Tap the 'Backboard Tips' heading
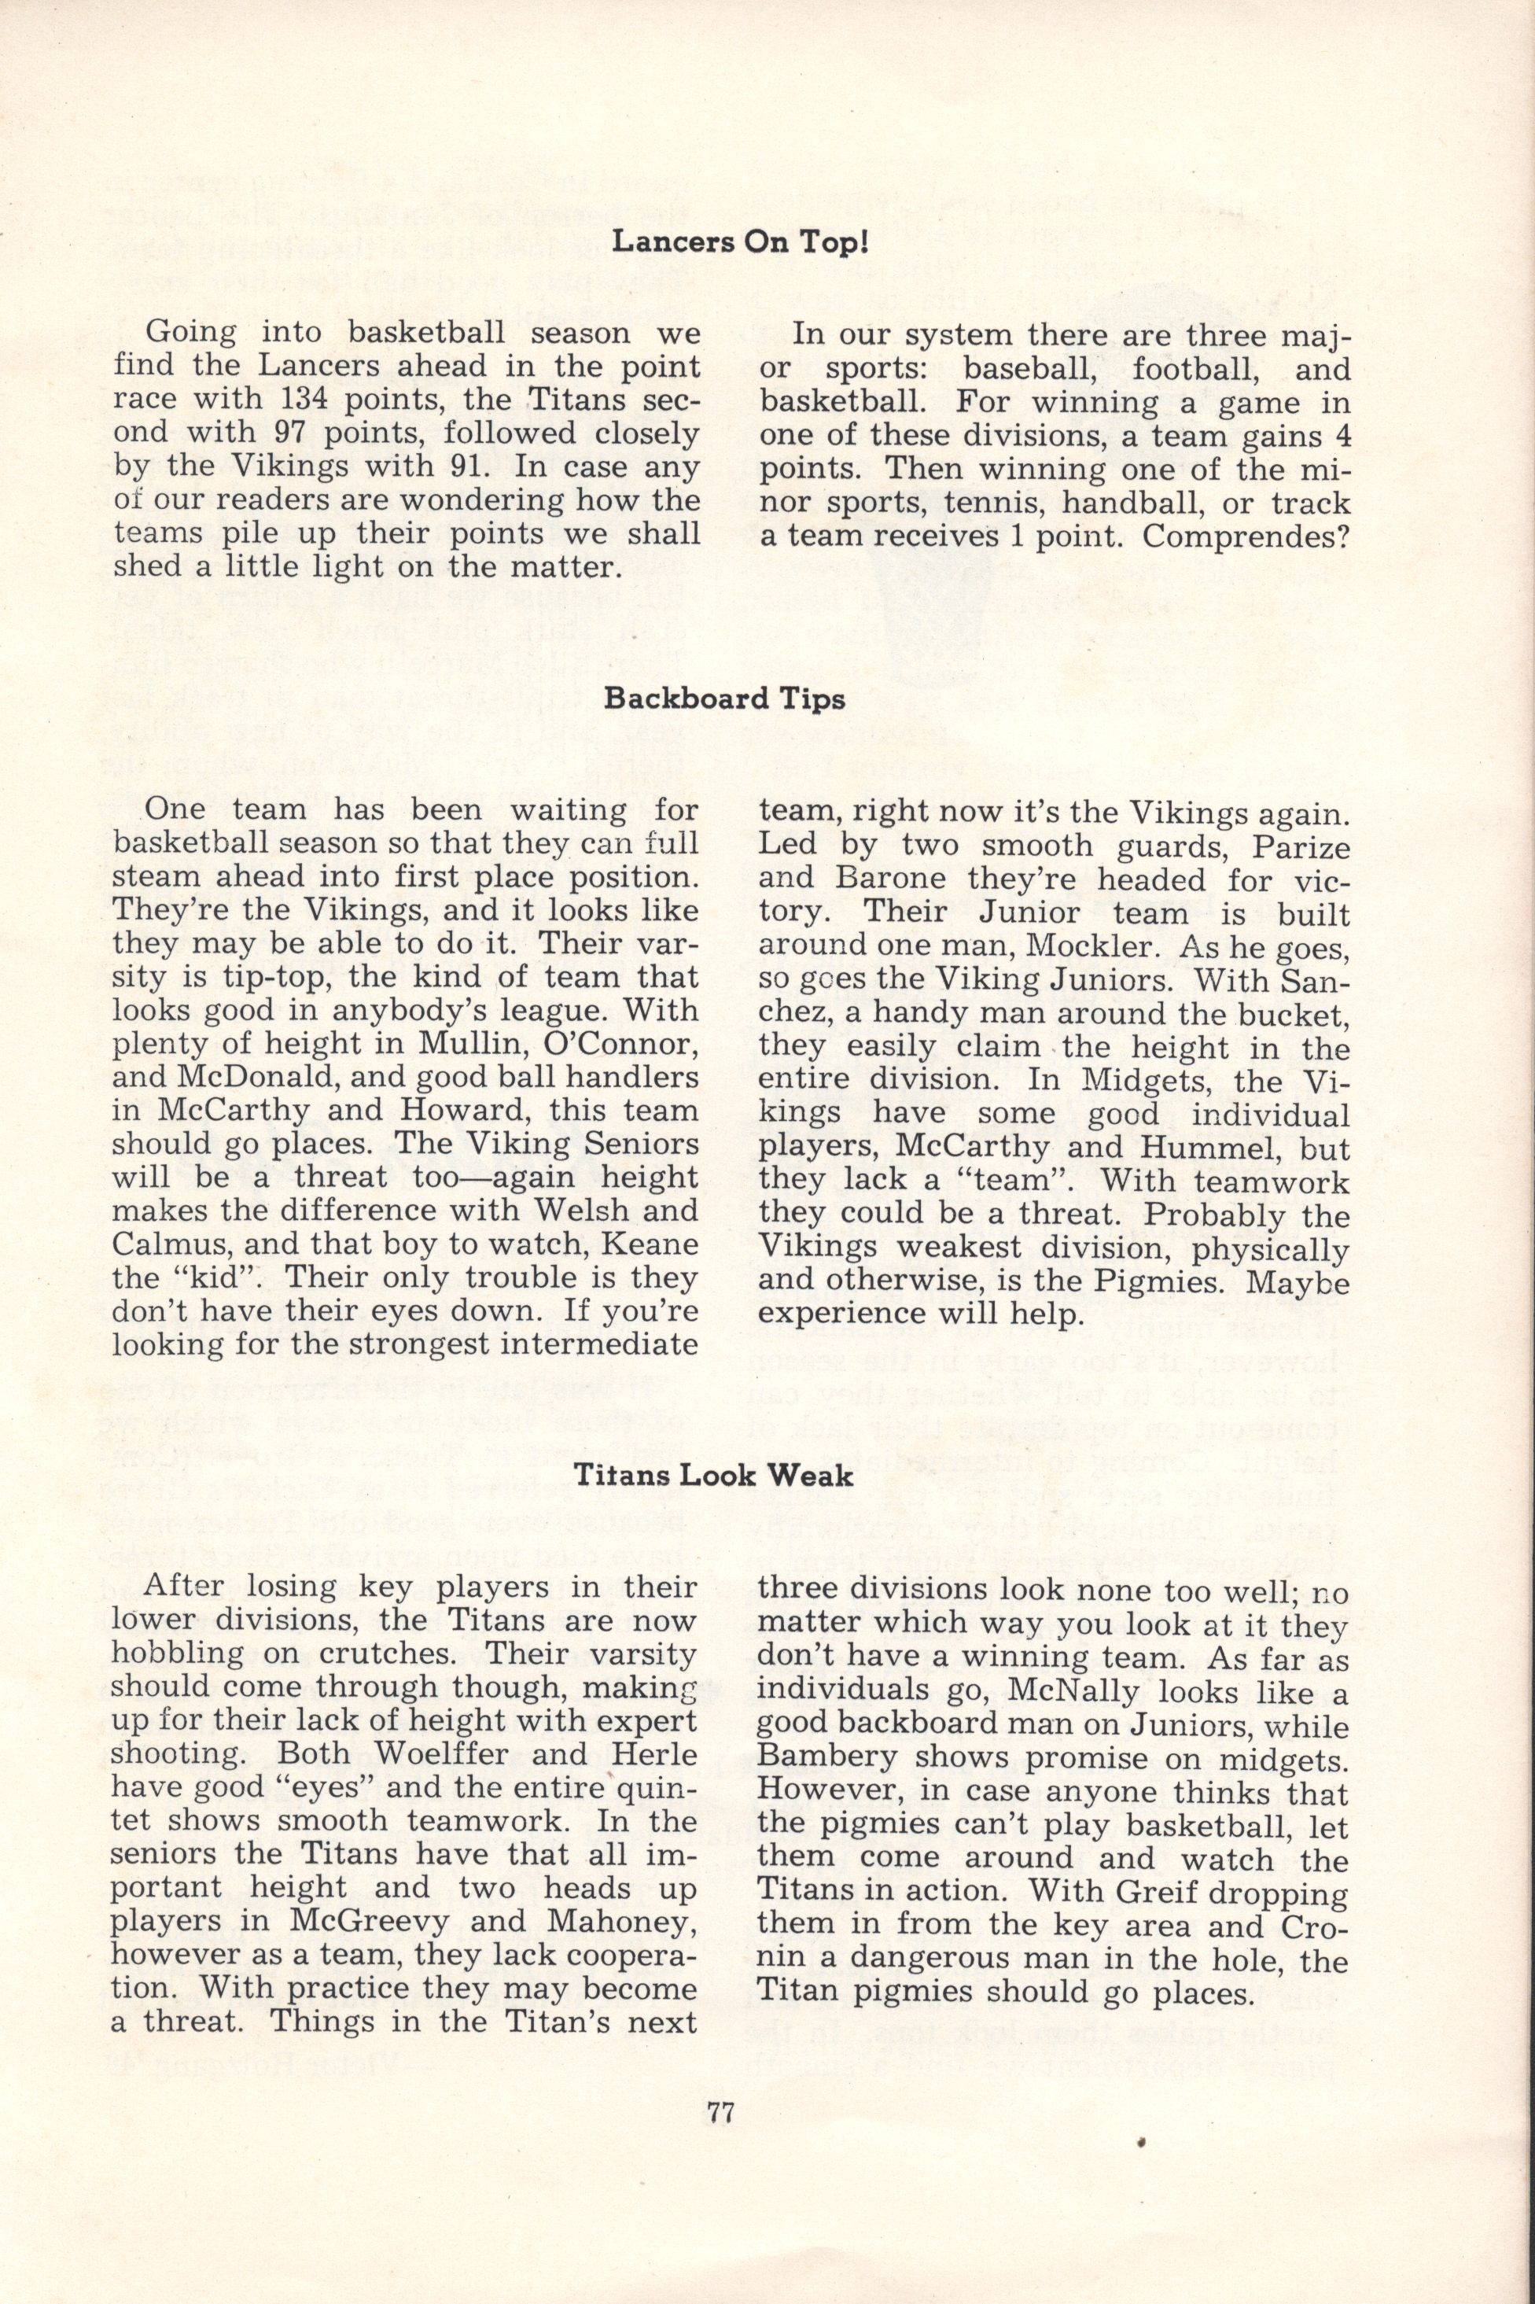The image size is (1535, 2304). tap(725, 699)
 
